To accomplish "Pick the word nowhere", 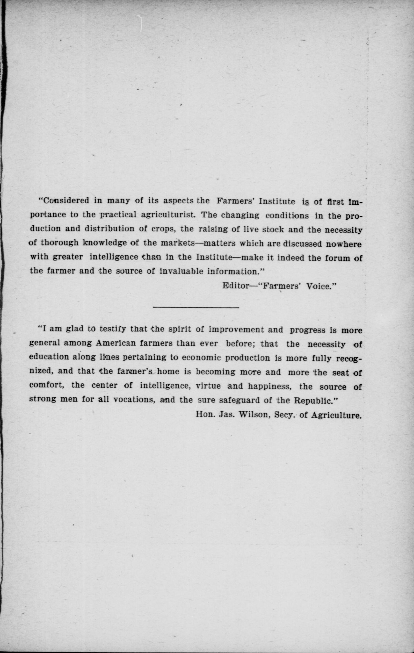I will (x=344, y=244).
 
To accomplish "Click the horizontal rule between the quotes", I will (x=196, y=307).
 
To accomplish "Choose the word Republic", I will (x=317, y=400).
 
